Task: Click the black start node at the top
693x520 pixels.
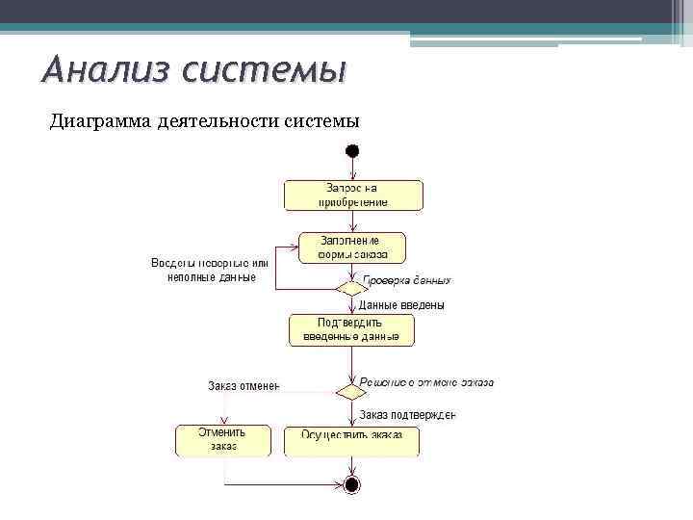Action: pos(352,151)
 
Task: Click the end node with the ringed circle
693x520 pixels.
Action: pos(352,483)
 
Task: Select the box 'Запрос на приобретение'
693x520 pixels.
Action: pos(353,195)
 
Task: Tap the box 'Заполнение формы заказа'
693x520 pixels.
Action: pos(352,247)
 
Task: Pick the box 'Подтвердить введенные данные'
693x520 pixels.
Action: pos(351,329)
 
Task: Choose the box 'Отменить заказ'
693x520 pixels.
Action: pos(223,440)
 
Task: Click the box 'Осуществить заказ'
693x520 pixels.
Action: pos(351,441)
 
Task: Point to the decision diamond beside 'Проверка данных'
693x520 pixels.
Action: pos(351,287)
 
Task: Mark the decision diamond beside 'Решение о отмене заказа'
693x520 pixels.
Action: pos(351,391)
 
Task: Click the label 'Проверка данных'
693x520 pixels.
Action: pos(406,280)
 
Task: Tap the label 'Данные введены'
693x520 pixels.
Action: pos(401,305)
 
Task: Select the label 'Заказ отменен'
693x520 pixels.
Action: pos(244,386)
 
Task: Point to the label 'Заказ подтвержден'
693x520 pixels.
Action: pos(407,415)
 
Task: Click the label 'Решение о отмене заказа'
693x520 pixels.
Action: pos(426,382)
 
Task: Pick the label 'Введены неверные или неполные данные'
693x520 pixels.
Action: pos(210,270)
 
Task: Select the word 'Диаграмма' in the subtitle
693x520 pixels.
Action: pos(97,121)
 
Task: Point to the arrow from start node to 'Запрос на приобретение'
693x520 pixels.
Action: pos(352,169)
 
